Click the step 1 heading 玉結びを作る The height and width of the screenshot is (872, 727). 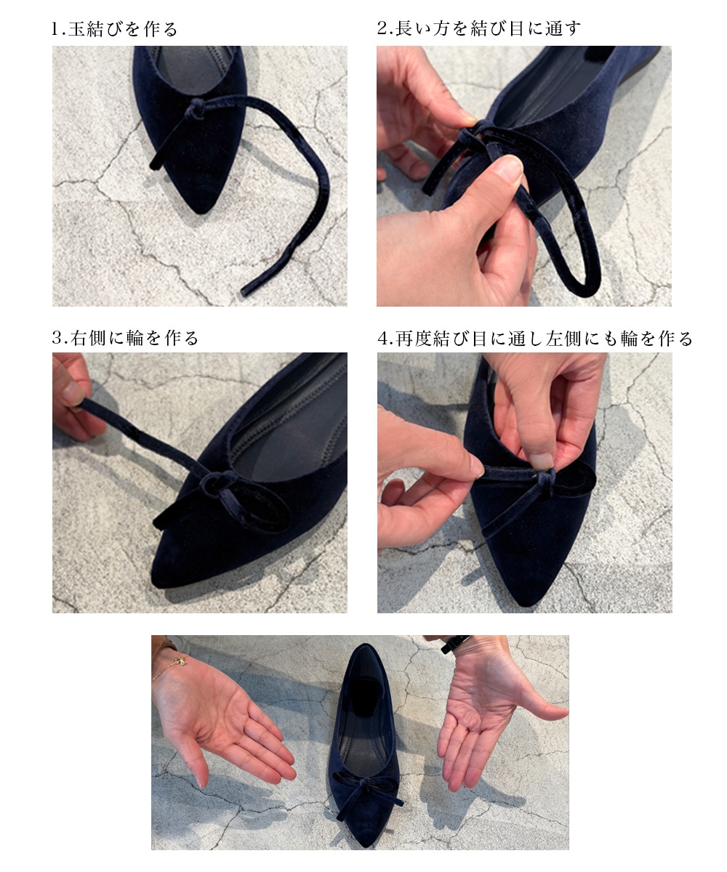(x=124, y=29)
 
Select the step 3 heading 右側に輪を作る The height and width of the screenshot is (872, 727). (x=134, y=338)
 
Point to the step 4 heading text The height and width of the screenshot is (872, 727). (x=535, y=339)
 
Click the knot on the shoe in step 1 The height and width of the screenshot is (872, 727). (x=195, y=108)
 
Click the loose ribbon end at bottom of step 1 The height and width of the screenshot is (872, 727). (x=244, y=291)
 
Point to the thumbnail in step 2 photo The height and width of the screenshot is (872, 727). (x=509, y=169)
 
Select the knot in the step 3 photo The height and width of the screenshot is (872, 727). (x=217, y=484)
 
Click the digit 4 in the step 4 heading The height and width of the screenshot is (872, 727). (x=382, y=339)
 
